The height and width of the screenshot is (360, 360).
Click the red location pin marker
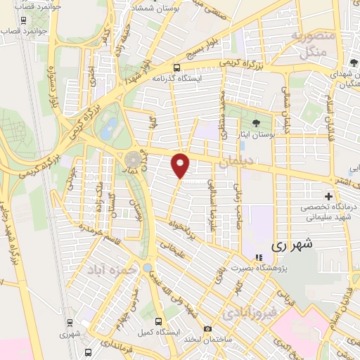click(x=181, y=166)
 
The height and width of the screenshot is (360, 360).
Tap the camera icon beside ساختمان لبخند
click(x=207, y=329)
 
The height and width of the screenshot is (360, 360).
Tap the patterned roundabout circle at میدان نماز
click(x=133, y=160)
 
